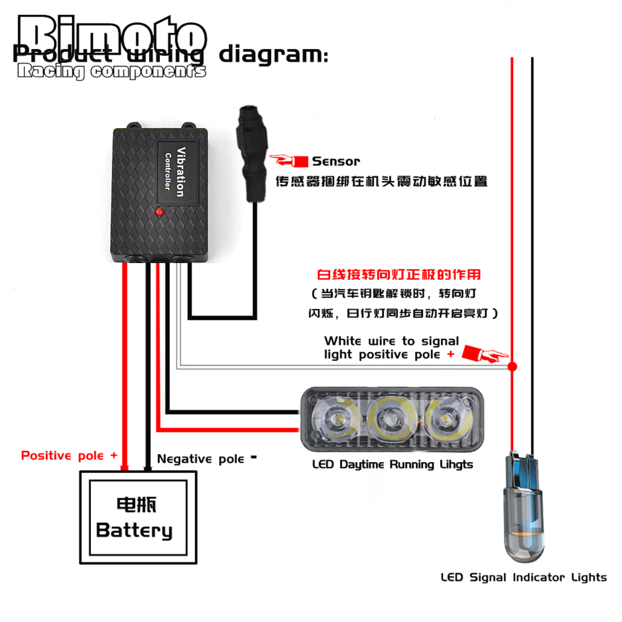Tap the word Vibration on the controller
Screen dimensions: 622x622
[x=181, y=172]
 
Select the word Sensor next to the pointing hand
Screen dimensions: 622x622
[x=336, y=161]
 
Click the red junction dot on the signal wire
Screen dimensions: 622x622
[x=513, y=366]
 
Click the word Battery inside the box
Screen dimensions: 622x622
[x=134, y=531]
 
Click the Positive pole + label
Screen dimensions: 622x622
[x=69, y=455]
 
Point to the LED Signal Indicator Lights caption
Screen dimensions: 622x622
[x=523, y=577]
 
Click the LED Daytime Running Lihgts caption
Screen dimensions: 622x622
[x=392, y=464]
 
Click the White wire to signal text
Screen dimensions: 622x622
[x=391, y=341]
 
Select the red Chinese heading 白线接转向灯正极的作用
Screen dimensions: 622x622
[x=399, y=274]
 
